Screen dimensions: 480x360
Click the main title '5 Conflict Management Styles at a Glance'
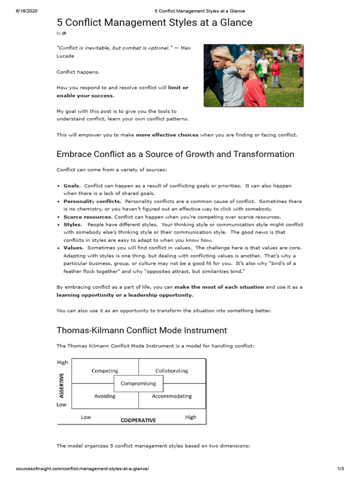[x=154, y=22]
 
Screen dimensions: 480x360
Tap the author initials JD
[x=64, y=33]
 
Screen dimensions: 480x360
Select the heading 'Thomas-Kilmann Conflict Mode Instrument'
[x=142, y=330]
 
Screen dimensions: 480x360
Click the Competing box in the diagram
[x=105, y=371]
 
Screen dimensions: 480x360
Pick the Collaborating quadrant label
[x=172, y=371]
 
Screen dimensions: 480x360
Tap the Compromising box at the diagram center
[x=138, y=383]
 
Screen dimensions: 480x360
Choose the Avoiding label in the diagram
[x=105, y=396]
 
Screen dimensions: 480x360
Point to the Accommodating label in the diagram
[x=172, y=396]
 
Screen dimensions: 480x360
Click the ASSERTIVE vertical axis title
[x=61, y=385]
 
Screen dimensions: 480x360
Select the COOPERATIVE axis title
[x=138, y=420]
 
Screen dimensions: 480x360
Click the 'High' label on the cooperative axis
[x=191, y=417]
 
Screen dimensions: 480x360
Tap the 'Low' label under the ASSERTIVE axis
[x=61, y=405]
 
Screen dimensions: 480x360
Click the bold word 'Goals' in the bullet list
[x=72, y=186]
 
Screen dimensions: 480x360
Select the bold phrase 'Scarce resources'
[x=88, y=217]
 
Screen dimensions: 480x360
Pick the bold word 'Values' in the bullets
[x=74, y=247]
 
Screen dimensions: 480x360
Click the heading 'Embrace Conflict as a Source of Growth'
[x=175, y=154]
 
